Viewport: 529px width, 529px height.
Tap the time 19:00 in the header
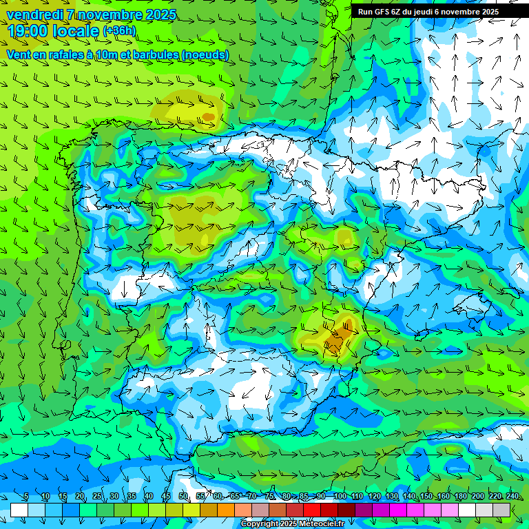click(27, 31)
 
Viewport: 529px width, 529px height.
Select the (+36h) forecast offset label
click(119, 31)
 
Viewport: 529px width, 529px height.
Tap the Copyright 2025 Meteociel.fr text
click(292, 524)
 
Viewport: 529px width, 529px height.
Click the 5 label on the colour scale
click(26, 497)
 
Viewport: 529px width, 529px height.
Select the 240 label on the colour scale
click(512, 497)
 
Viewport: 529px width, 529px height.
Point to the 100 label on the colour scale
click(340, 497)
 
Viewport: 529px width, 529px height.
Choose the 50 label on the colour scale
click(183, 497)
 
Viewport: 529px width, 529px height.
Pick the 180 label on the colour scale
click(460, 497)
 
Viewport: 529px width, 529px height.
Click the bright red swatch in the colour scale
click(312, 510)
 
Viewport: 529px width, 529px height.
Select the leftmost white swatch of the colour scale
click(19, 510)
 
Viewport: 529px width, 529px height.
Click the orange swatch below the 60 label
click(226, 510)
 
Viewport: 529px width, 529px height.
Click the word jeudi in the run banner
click(418, 12)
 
